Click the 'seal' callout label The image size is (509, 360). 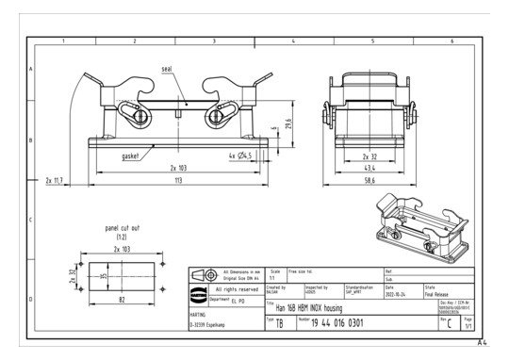tap(167, 68)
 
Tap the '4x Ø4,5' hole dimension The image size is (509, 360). tap(242, 155)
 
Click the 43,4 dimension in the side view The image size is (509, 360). tap(370, 167)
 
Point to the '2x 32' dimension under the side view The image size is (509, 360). tap(370, 155)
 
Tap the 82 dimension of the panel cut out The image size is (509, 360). tap(123, 299)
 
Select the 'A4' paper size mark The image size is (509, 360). tap(483, 346)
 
